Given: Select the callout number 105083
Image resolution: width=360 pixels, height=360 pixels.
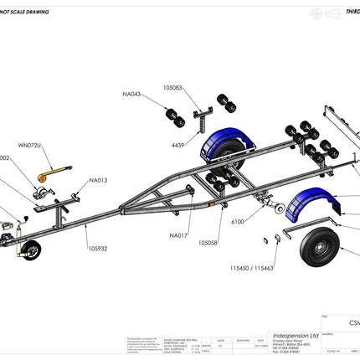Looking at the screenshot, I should [173, 87].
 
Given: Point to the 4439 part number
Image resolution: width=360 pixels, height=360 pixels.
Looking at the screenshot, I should [178, 145].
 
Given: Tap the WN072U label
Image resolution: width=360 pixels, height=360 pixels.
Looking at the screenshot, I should [29, 146].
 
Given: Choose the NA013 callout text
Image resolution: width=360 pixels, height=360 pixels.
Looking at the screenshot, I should [98, 180].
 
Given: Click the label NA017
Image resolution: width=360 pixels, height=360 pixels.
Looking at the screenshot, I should [177, 235].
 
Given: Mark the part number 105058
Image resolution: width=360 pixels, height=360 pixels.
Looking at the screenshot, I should [208, 242].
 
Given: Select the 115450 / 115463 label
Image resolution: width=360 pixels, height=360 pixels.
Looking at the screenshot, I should [250, 269].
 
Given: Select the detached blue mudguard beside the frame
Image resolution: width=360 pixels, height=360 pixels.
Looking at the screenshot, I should [302, 210].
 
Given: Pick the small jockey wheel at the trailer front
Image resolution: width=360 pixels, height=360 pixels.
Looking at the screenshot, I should [31, 250].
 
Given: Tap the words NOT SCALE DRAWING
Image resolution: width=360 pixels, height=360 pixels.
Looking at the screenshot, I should [24, 13].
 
